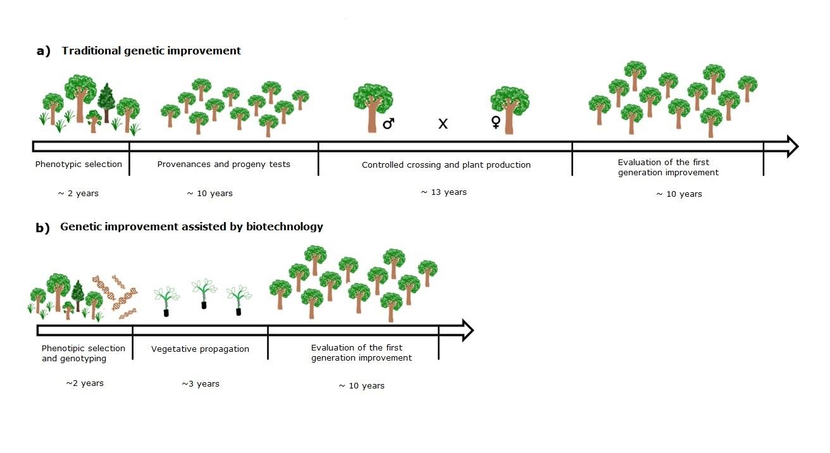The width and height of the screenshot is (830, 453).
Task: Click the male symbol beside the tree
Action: point(388,123)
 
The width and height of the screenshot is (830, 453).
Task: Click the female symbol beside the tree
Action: point(496,122)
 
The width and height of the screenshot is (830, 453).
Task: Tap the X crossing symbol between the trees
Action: point(443,124)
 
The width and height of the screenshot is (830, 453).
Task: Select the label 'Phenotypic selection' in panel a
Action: point(78,164)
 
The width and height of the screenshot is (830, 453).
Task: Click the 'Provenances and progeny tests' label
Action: point(223,164)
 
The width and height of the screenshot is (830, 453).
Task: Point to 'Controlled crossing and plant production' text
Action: point(446,165)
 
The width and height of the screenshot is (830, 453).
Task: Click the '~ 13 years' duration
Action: point(443,192)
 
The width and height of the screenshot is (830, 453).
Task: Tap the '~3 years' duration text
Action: point(201,384)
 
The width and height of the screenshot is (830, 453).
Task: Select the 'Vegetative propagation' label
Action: point(200,349)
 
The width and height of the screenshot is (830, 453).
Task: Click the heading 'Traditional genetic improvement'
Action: point(151,51)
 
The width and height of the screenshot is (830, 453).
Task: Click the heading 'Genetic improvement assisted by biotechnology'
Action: point(192,226)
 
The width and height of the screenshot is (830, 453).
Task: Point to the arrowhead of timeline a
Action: point(790,146)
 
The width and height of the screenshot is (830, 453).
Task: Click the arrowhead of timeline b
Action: point(467,330)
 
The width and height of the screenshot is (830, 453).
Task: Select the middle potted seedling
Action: point(204,294)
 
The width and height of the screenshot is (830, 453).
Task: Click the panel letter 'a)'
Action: point(44,51)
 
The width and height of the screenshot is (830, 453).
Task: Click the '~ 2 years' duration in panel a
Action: point(78,193)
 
